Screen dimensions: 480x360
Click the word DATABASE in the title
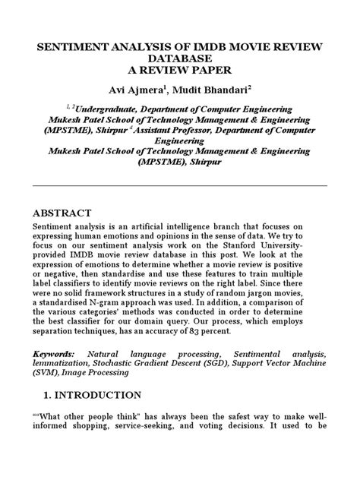[180, 61]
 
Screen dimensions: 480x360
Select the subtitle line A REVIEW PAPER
[180, 74]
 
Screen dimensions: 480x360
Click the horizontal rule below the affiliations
[180, 185]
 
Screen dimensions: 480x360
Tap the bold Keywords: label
[54, 355]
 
